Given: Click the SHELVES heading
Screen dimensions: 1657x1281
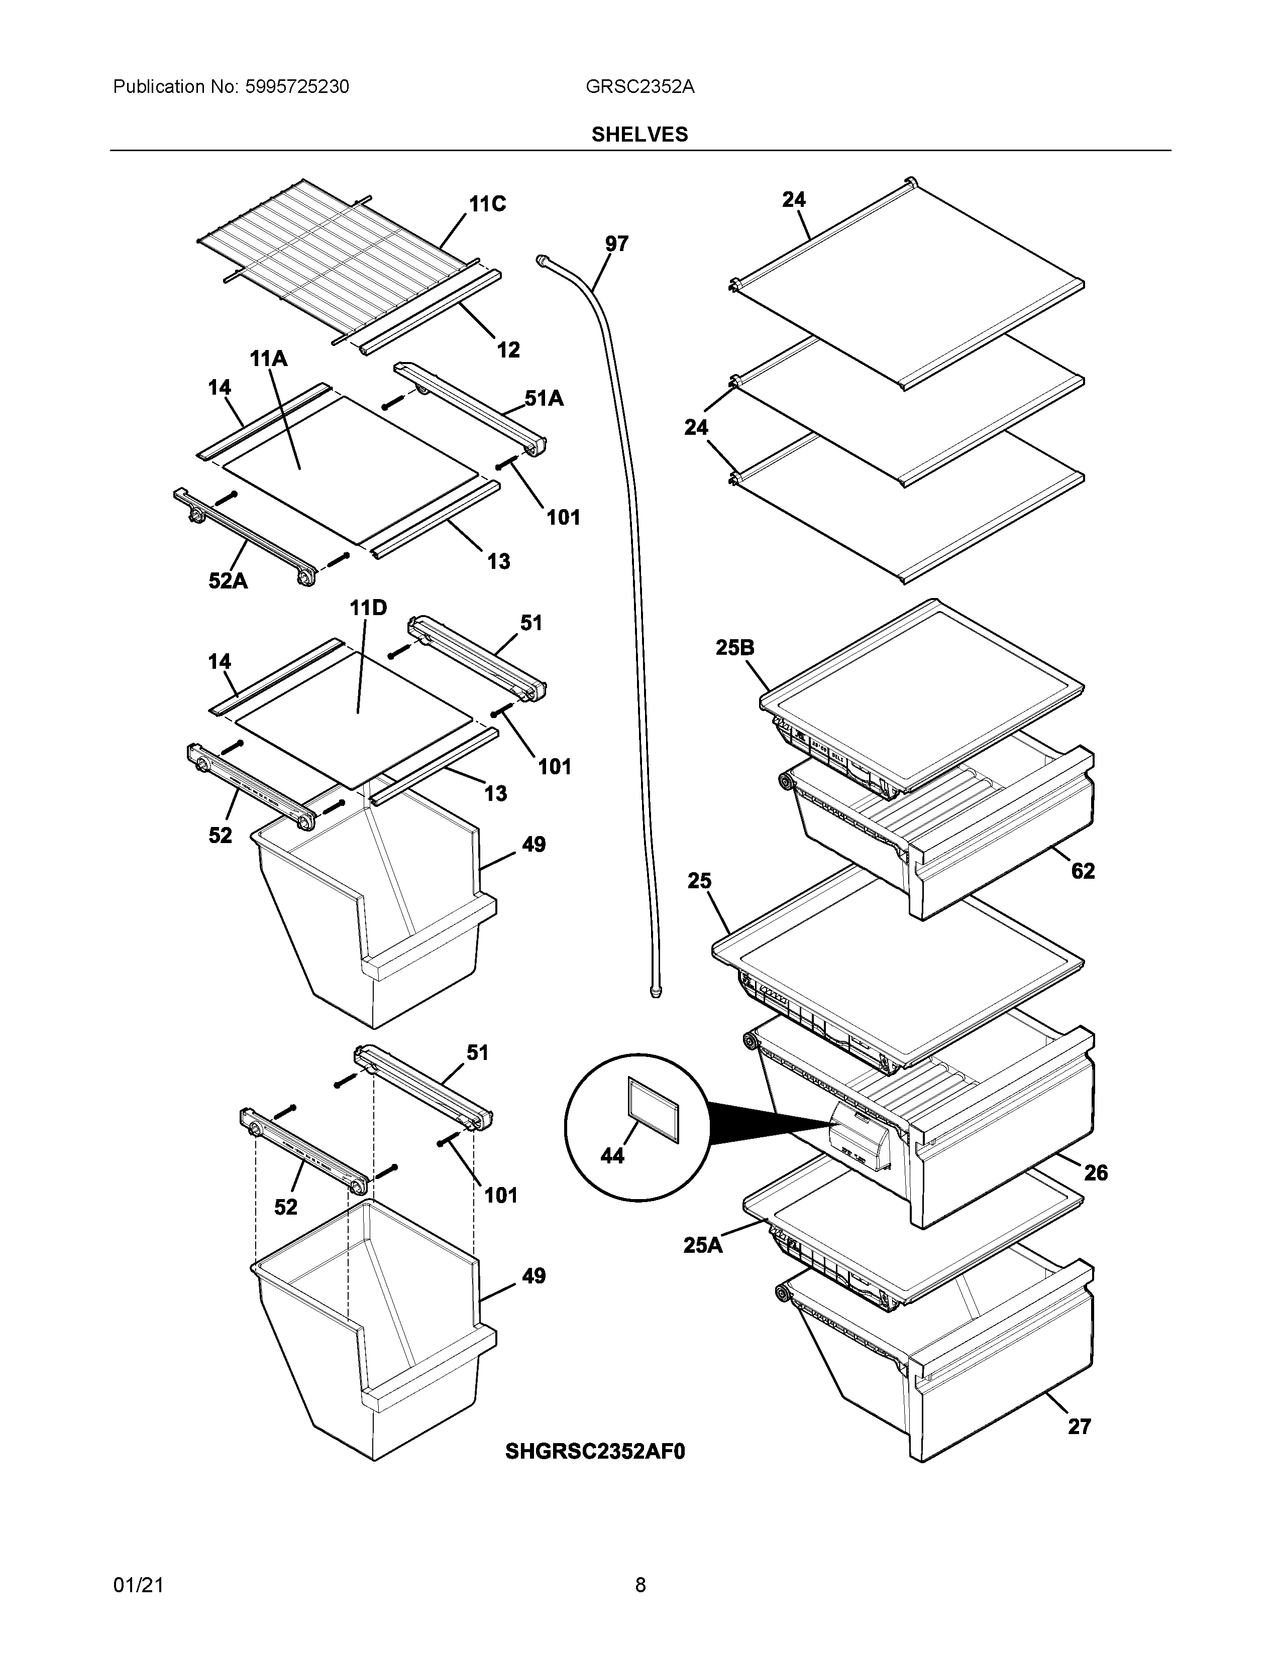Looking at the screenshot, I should (x=639, y=134).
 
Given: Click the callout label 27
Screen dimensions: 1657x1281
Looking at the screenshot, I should (x=1079, y=1427).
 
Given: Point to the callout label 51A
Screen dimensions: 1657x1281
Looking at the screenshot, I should (x=544, y=398).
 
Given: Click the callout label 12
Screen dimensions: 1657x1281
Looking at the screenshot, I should (x=508, y=350).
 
